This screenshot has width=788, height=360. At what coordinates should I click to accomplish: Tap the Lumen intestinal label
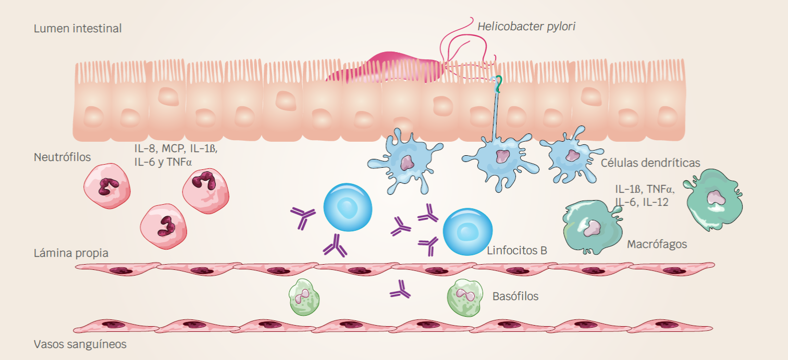coord(78,28)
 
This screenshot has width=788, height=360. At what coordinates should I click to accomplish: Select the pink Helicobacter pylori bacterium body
coord(386,68)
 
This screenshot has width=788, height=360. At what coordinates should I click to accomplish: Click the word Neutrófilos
coord(62,157)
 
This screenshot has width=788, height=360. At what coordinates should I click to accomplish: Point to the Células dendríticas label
coord(650,163)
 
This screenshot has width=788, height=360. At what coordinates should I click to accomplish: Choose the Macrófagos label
coord(657,244)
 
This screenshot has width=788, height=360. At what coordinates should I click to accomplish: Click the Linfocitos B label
coord(516,250)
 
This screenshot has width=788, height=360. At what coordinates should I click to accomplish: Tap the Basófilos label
coord(515,296)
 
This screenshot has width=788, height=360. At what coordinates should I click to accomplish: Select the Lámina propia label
coord(71,253)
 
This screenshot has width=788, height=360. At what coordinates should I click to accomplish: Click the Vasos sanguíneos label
coord(80,344)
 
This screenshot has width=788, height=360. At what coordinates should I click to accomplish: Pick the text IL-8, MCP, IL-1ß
coord(175,148)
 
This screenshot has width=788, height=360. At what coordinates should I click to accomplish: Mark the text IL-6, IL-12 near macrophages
coord(642,202)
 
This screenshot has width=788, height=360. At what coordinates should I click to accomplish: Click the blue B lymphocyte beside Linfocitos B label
coord(467,232)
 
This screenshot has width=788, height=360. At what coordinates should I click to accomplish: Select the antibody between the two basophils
coord(400,290)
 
